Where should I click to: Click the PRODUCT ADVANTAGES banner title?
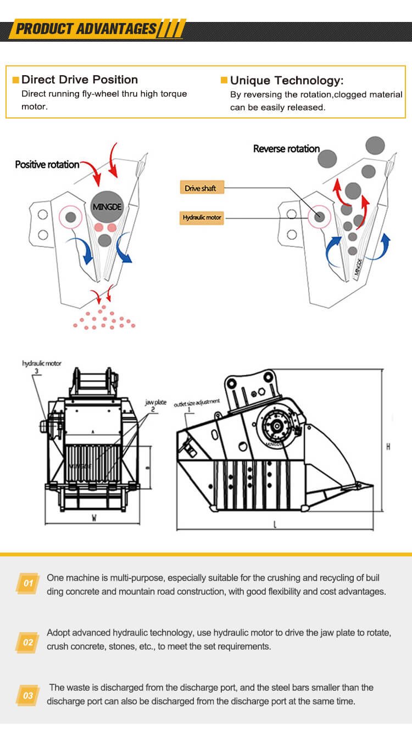click(86, 29)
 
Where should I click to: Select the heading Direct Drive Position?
click(79, 80)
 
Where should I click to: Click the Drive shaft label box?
click(201, 188)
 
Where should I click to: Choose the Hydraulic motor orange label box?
click(202, 218)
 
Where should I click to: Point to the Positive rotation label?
click(47, 164)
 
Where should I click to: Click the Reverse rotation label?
click(286, 149)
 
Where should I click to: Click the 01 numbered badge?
click(28, 583)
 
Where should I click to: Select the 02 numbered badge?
click(28, 643)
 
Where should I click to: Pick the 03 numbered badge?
click(28, 696)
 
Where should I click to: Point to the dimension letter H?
click(388, 447)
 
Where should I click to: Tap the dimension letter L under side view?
click(275, 525)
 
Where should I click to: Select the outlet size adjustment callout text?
click(197, 403)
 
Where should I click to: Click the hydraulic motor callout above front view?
click(42, 363)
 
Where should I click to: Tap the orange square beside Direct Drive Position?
click(15, 80)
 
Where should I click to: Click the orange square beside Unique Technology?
click(224, 81)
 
